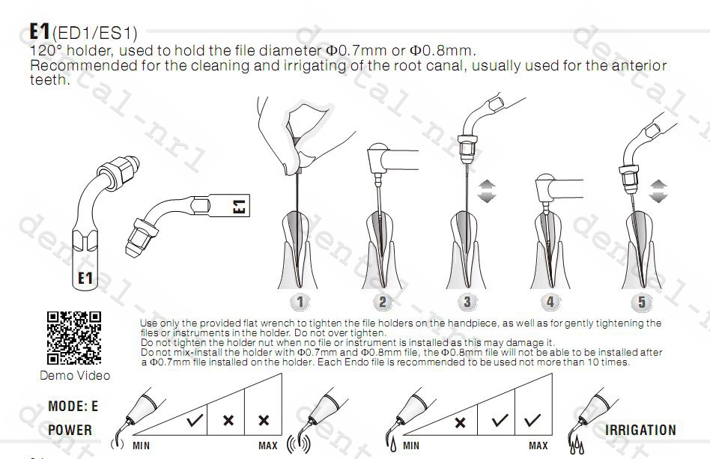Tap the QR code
tap(74, 338)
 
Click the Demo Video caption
tap(75, 375)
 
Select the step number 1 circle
tap(300, 302)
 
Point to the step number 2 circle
tap(383, 302)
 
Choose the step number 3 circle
tap(467, 302)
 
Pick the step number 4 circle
tap(550, 302)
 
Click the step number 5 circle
tap(642, 302)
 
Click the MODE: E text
tap(73, 407)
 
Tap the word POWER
tap(70, 430)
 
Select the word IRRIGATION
tap(640, 430)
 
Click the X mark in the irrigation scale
tap(461, 422)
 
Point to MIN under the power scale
tap(141, 446)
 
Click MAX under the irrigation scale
tap(538, 446)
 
